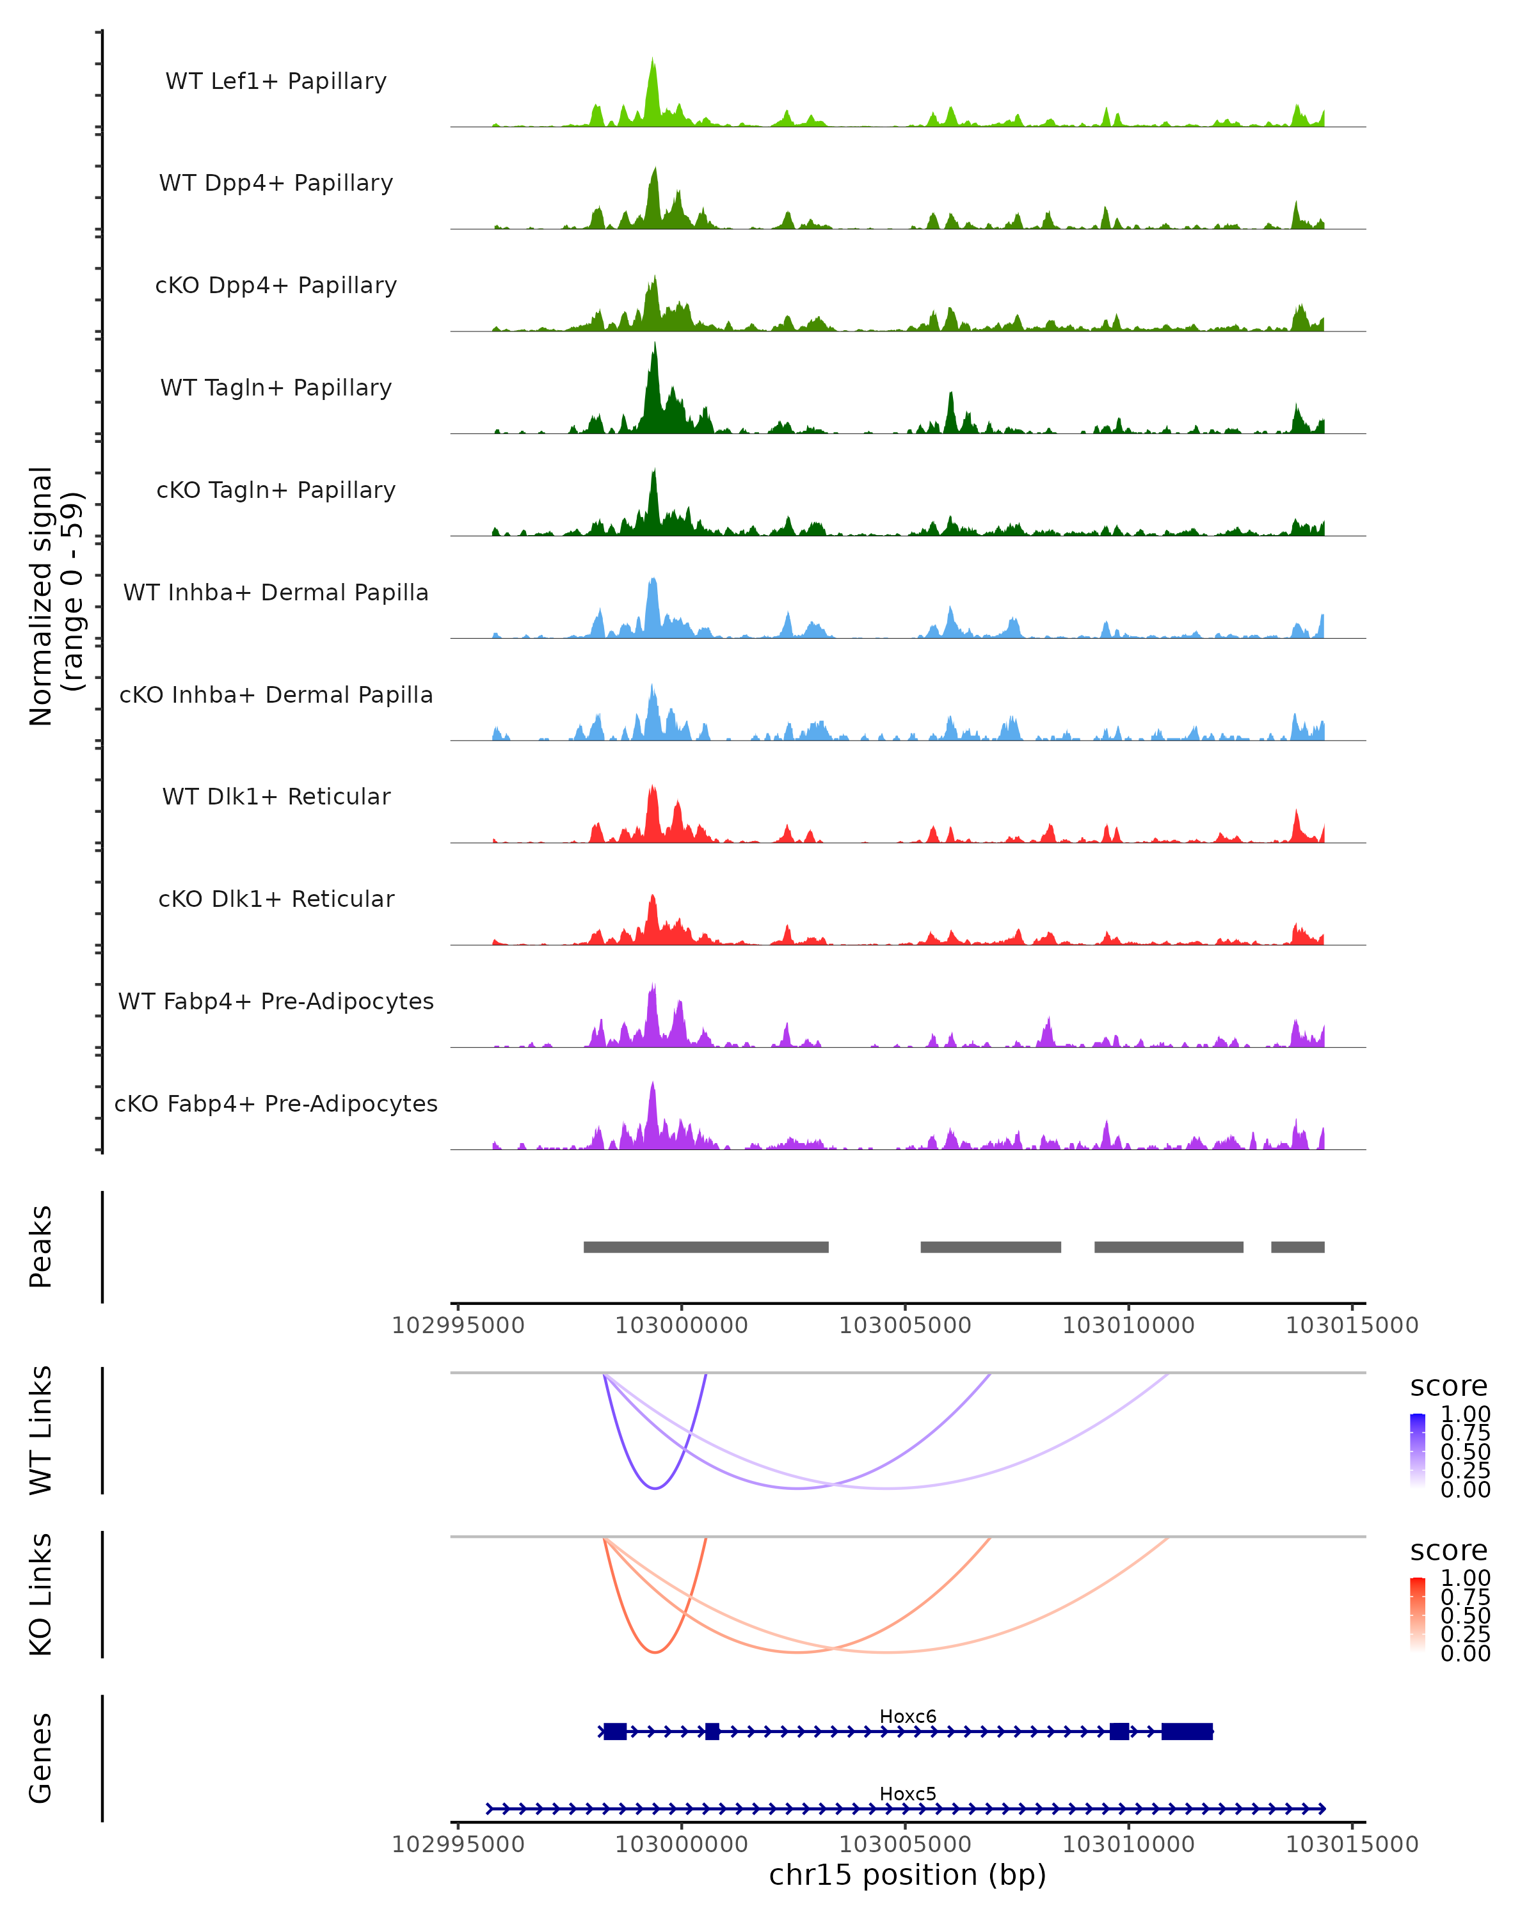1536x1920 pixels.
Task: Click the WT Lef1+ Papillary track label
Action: [276, 81]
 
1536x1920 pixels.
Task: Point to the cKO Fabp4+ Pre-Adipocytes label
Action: [276, 1103]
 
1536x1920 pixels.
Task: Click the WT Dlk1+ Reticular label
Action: [276, 796]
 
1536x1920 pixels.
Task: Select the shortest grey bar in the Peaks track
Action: [1297, 1247]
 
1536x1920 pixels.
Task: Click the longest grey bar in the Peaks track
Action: [706, 1247]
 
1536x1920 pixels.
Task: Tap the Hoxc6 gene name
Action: [908, 1716]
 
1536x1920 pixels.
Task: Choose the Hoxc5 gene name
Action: [908, 1793]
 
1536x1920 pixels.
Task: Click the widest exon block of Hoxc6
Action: [1187, 1731]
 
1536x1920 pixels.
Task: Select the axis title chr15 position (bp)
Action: [908, 1875]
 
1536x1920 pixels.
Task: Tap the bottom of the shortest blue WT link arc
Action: [655, 1488]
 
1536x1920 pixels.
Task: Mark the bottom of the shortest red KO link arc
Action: [655, 1652]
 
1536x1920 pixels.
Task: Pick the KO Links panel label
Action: [41, 1594]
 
